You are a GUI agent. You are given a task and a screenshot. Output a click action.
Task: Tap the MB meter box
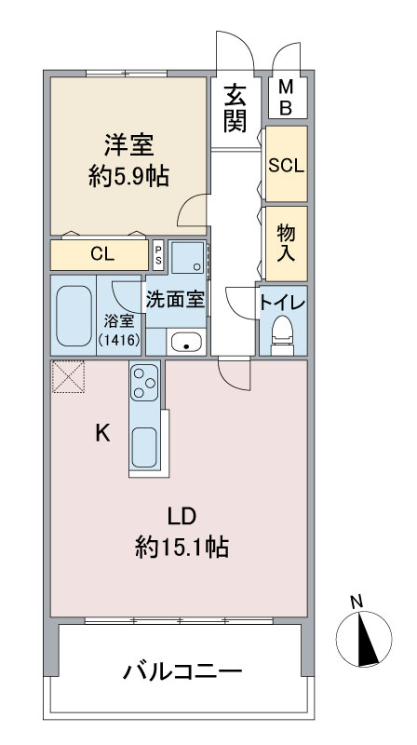(288, 98)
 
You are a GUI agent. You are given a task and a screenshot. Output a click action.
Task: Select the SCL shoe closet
(286, 164)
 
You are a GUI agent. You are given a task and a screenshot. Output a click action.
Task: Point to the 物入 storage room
(286, 243)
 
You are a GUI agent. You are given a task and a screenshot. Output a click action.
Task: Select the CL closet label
(102, 254)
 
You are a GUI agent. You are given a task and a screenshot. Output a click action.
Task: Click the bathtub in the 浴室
(74, 316)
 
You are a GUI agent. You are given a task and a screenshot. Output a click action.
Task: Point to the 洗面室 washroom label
(175, 300)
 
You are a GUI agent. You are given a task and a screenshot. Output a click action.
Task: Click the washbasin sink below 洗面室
(186, 342)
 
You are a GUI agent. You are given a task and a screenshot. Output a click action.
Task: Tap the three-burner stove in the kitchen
(144, 382)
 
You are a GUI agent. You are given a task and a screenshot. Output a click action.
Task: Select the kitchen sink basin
(144, 447)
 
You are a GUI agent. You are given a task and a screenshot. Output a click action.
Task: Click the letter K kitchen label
(102, 433)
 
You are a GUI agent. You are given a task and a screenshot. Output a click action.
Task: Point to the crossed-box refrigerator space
(68, 376)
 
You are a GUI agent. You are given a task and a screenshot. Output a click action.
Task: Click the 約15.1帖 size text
(182, 548)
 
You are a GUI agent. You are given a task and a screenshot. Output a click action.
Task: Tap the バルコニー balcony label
(182, 671)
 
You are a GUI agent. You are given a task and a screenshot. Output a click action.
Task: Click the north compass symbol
(363, 637)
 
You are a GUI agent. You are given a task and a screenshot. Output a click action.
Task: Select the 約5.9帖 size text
(128, 177)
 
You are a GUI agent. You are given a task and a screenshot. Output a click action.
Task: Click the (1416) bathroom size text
(119, 340)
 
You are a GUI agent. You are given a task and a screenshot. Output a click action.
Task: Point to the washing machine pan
(188, 257)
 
